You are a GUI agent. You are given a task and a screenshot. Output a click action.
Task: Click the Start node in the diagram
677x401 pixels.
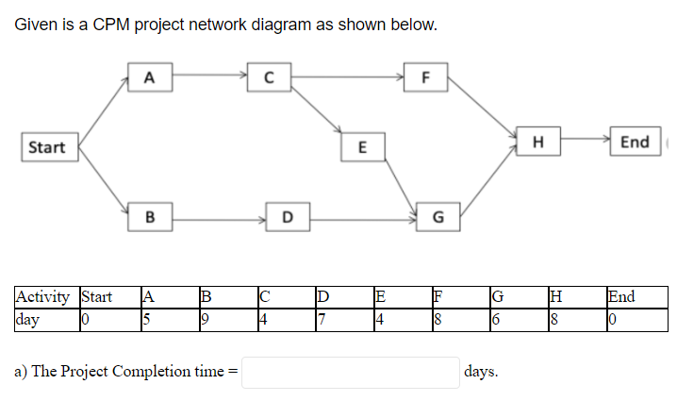47,147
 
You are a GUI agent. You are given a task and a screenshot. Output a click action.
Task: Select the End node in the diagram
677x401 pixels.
634,142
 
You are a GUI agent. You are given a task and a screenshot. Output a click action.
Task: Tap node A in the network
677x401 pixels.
149,76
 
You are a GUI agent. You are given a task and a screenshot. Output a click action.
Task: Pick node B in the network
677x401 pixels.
149,217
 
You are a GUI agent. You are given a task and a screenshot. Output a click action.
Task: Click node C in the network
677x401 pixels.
270,76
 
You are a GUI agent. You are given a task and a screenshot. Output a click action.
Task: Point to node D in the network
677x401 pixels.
288,217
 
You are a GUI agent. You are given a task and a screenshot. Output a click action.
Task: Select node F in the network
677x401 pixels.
425,76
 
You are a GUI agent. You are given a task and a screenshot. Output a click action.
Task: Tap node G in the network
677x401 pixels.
437,217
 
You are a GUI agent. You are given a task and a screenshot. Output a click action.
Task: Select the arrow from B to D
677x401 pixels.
219,218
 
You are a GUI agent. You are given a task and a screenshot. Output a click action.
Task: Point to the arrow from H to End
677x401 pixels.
585,142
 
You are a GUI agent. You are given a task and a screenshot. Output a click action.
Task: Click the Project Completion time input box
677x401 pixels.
351,372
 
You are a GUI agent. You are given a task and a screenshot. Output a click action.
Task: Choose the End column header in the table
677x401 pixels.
621,297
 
